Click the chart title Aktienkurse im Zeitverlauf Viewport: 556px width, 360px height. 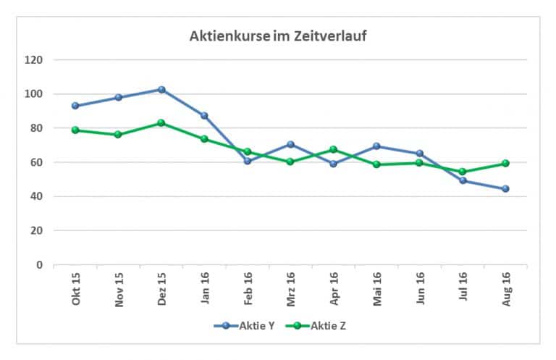(278, 35)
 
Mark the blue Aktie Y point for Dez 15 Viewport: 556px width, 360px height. (161, 90)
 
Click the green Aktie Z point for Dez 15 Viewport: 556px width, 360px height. (161, 123)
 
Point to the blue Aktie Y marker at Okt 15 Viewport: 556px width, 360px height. (75, 106)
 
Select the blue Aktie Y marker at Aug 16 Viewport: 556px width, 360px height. (505, 189)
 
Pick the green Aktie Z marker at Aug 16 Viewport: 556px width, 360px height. (505, 163)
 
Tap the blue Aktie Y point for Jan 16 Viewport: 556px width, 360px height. (204, 116)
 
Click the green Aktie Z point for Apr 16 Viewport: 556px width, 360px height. (333, 150)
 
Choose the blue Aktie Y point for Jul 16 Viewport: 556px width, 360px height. (463, 180)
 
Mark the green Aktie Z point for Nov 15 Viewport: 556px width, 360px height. (118, 135)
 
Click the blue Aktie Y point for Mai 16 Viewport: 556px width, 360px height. (376, 146)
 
